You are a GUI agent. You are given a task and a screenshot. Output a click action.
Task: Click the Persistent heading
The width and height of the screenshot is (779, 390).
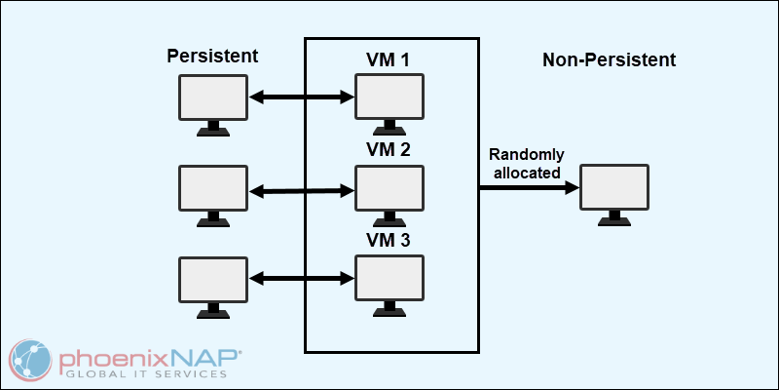(213, 56)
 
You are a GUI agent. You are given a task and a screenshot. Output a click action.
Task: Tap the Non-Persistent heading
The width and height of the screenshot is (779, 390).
(609, 59)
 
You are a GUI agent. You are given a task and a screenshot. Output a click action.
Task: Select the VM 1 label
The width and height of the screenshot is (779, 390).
(388, 60)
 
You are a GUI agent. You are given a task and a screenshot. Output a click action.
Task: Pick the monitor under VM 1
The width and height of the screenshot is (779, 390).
(389, 97)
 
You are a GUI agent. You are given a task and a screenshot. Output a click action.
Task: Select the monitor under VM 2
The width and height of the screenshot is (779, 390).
(389, 187)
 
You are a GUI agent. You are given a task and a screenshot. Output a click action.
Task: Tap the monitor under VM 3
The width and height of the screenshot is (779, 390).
(389, 278)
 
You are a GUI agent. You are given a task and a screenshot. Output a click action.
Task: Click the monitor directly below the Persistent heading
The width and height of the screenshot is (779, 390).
(213, 97)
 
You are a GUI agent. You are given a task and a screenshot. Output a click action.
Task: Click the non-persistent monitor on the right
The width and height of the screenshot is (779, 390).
(613, 187)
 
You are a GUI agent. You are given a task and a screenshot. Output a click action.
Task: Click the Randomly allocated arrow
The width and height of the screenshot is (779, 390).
(526, 186)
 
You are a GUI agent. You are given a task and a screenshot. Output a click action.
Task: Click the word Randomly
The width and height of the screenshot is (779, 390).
(525, 155)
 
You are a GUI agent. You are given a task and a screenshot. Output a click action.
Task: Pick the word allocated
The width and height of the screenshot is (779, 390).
(525, 173)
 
